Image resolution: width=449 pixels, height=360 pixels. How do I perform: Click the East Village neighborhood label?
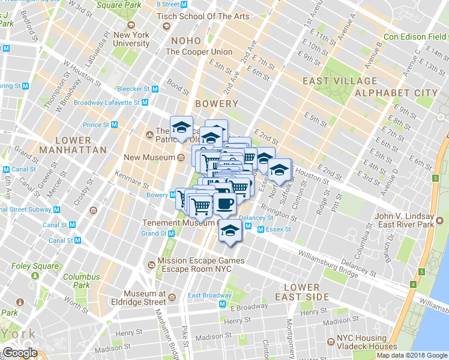pyautogui.click(x=340, y=81)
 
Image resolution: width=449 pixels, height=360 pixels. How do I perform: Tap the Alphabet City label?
pyautogui.click(x=396, y=93)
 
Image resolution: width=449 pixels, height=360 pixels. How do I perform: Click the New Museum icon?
pyautogui.click(x=181, y=158)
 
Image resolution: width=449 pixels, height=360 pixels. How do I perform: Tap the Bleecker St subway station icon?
pyautogui.click(x=154, y=89)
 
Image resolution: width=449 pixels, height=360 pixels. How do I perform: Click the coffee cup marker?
pyautogui.click(x=224, y=203)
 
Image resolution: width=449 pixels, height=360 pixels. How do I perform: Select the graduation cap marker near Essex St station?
pyautogui.click(x=229, y=230)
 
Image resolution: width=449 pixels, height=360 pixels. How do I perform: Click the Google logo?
pyautogui.click(x=20, y=353)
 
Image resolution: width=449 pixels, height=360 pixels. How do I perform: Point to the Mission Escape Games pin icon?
pyautogui.click(x=151, y=265)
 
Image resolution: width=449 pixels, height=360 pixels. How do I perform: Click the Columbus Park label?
pyautogui.click(x=82, y=281)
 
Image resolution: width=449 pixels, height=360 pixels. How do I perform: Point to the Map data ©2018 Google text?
pyautogui.click(x=412, y=355)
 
